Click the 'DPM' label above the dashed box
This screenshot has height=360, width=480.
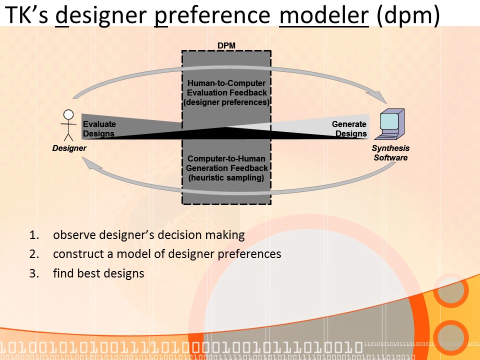(226, 45)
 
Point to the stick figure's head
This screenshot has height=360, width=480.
(68, 114)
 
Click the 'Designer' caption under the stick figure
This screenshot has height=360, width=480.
(69, 148)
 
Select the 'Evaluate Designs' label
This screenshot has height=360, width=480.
(99, 129)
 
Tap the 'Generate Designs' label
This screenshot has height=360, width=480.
(350, 129)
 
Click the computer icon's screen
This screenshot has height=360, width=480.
(389, 120)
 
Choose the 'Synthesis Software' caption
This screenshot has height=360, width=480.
(390, 152)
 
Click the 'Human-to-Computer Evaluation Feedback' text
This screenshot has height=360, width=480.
(226, 88)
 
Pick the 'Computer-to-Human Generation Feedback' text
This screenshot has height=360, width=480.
(226, 163)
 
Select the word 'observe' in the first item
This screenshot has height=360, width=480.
(73, 235)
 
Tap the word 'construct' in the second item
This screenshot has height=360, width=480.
(76, 254)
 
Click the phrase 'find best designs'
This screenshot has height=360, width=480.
(98, 273)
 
